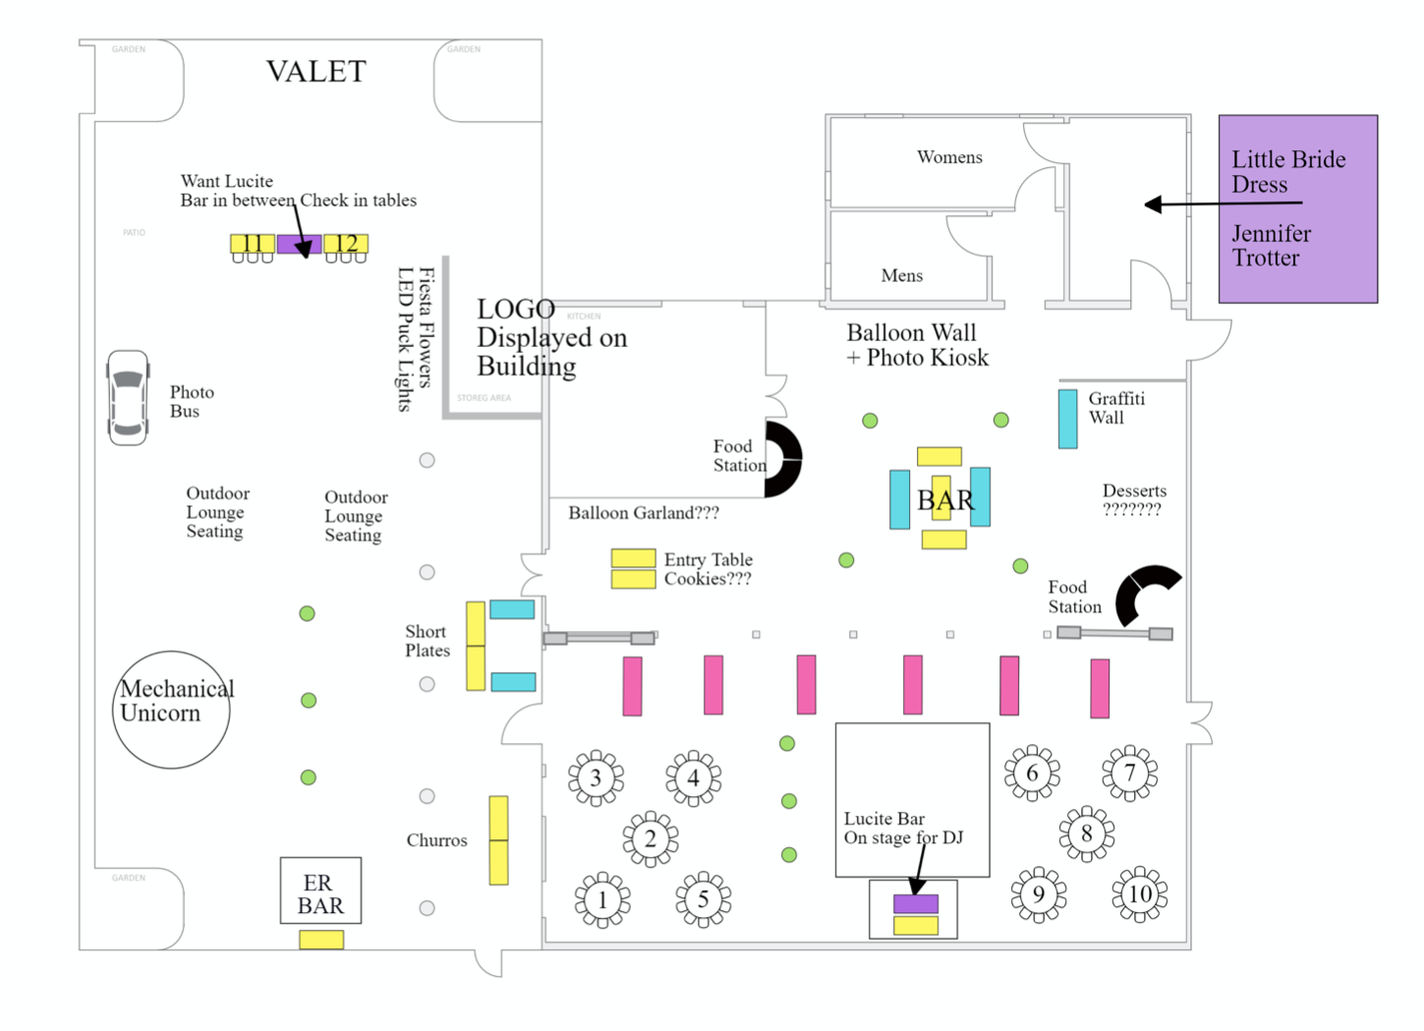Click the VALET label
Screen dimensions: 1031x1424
tap(315, 72)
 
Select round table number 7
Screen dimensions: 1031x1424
tap(1129, 773)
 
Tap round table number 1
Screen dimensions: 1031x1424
tap(602, 899)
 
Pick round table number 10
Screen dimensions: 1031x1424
tap(1139, 894)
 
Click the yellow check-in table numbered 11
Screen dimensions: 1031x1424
tap(253, 244)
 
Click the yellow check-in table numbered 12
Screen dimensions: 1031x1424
tap(346, 244)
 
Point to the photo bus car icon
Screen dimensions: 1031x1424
tap(128, 398)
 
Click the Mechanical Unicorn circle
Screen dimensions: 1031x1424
tap(171, 709)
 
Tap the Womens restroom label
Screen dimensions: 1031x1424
tap(949, 157)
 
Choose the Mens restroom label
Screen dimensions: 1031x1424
tap(901, 276)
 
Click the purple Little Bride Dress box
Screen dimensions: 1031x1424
tap(1297, 208)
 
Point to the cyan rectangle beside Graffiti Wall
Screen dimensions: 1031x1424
tap(1067, 419)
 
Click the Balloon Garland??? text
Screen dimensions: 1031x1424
tap(643, 513)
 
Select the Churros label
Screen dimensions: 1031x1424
tap(436, 840)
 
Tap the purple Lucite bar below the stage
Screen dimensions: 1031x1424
tap(915, 903)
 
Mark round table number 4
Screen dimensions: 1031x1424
tap(693, 778)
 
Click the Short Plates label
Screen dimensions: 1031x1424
tap(427, 641)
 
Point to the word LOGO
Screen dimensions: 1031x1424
tap(515, 310)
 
